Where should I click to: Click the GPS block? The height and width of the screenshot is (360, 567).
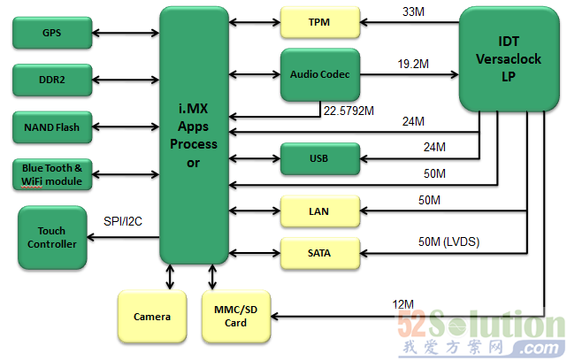coord(51,34)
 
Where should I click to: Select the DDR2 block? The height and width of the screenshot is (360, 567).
coord(51,80)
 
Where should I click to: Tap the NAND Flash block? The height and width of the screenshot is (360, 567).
coord(51,127)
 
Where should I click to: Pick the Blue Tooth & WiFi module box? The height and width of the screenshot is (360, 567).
coord(51,174)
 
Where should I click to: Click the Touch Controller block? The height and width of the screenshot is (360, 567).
coord(52,237)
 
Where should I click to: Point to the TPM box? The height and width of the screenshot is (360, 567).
coord(319,21)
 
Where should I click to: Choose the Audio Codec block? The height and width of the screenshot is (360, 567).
coord(319,75)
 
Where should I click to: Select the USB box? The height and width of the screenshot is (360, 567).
coord(319,159)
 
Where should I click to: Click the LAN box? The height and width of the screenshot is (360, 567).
coord(319,211)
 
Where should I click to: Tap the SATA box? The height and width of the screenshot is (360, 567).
coord(319,254)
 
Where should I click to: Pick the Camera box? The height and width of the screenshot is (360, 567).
coord(152,316)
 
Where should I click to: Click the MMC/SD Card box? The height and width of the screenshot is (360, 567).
coord(235,316)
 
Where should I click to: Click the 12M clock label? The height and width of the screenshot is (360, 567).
coord(402,305)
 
